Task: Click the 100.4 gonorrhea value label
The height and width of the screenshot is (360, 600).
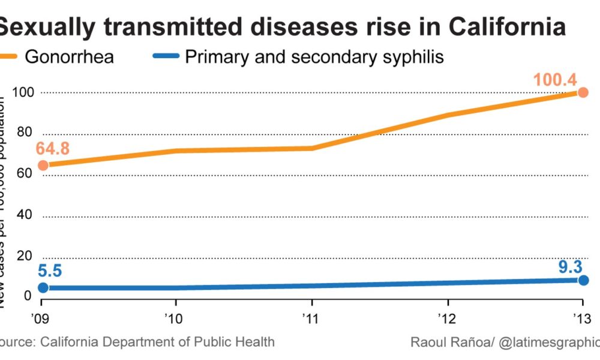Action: tap(556, 79)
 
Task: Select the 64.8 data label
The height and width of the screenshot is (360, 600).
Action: tap(52, 148)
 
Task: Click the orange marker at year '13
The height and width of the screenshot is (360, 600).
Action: tap(582, 92)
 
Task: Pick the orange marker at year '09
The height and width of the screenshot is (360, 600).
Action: tap(43, 165)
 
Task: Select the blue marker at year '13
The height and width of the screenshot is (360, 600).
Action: tap(583, 280)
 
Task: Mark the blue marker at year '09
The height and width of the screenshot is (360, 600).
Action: tap(43, 288)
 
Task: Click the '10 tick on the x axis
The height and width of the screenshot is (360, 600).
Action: tap(174, 317)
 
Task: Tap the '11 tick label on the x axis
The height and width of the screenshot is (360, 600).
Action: tap(310, 317)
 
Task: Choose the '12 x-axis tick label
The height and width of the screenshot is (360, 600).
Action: tap(445, 317)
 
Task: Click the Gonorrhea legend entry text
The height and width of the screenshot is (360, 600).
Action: tap(69, 58)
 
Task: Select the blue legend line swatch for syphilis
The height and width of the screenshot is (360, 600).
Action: tap(164, 58)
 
